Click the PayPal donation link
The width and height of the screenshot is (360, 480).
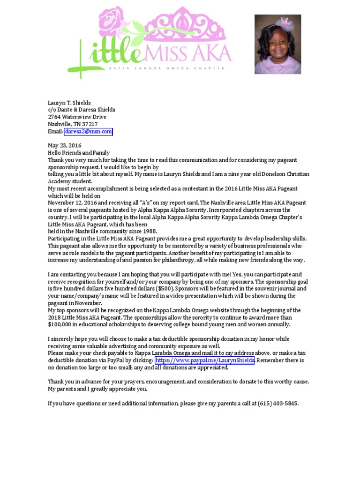pyautogui.click(x=205, y=360)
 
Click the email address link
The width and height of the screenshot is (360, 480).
pyautogui.click(x=89, y=132)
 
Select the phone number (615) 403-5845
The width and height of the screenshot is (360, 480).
pyautogui.click(x=278, y=404)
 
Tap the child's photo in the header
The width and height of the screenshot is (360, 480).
pyautogui.click(x=277, y=44)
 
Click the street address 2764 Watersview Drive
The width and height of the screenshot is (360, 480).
pyautogui.click(x=77, y=117)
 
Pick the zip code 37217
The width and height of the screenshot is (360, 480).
pyautogui.click(x=89, y=124)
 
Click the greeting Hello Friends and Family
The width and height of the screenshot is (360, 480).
pyautogui.click(x=79, y=153)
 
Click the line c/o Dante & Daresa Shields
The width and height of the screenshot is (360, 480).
pyautogui.click(x=82, y=110)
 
